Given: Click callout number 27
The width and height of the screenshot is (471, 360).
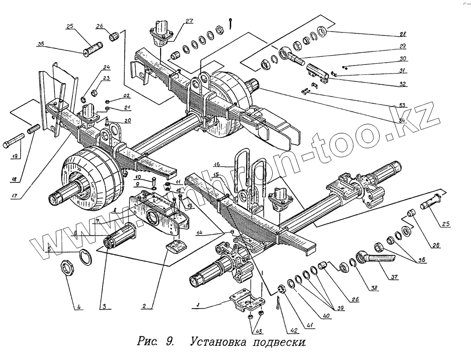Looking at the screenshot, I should pos(189,20).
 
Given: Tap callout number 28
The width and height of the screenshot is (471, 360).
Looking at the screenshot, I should pos(403,34).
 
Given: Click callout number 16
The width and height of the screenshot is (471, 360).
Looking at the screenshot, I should pos(216,165).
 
